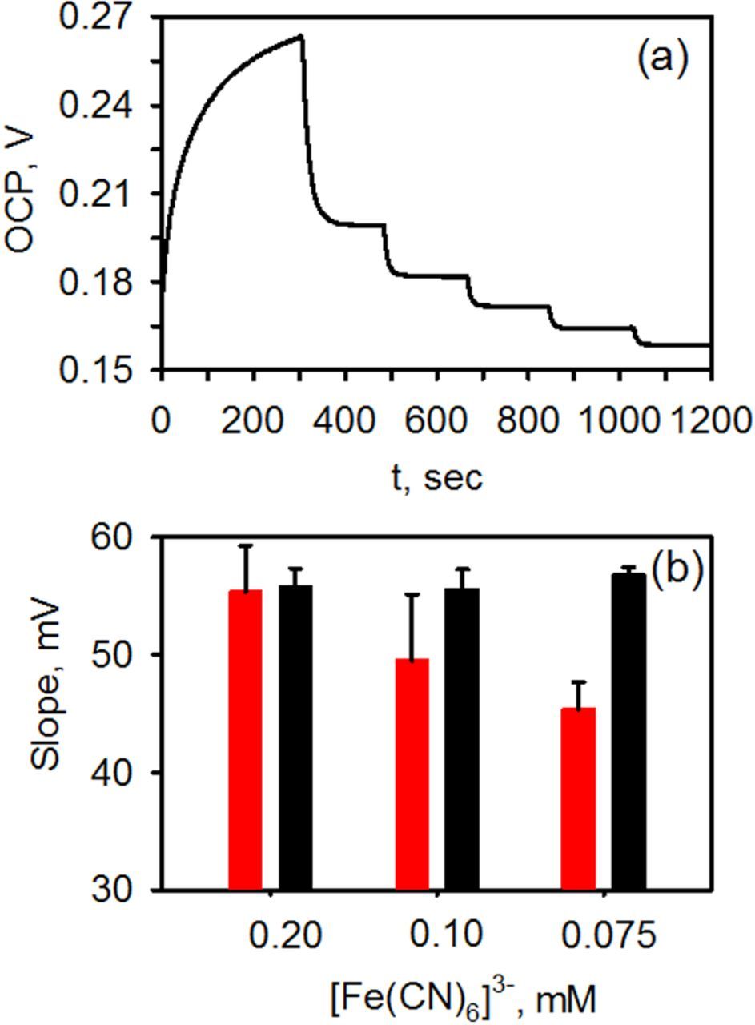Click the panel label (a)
click(661, 61)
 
